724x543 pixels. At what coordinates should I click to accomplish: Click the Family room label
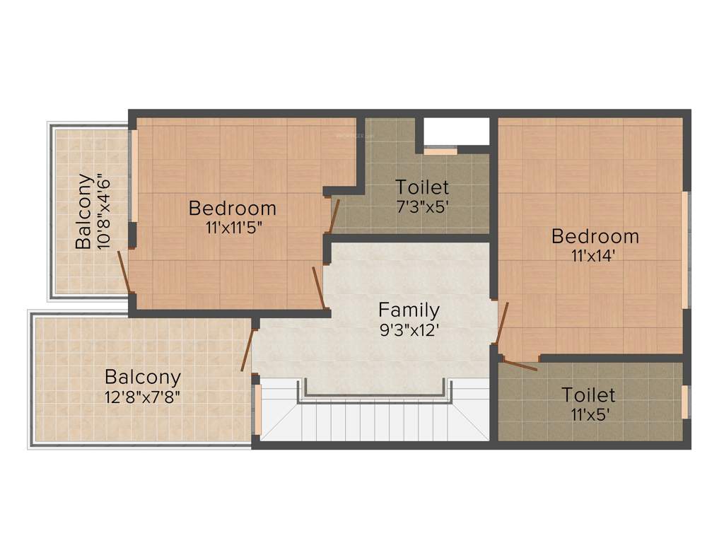pos(409,310)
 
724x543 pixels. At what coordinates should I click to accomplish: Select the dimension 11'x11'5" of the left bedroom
pos(233,228)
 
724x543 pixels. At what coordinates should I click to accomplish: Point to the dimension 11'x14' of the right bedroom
pos(595,256)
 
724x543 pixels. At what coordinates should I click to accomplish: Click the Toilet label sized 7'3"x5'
pos(422,187)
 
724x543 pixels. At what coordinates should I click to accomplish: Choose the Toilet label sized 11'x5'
pos(588,394)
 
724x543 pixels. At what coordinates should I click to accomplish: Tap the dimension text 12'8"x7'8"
pos(142,396)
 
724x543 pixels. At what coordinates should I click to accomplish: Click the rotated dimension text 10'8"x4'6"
pos(104,211)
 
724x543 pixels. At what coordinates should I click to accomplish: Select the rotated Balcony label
pos(84,211)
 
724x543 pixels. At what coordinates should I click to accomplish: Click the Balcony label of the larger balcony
pos(142,377)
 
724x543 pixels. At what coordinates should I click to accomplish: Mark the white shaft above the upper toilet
pos(456,131)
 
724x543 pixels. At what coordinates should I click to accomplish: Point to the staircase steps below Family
pos(375,421)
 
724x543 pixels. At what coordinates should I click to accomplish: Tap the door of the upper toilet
pos(334,216)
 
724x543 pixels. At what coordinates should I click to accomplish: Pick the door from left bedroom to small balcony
pos(124,271)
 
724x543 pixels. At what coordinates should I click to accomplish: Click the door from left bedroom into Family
pos(318,287)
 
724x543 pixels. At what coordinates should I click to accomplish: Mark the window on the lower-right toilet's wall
pos(684,402)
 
